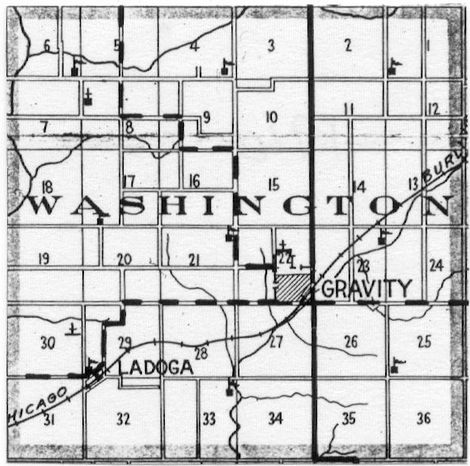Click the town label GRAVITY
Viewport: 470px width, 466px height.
367,288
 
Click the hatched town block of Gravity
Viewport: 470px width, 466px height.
290,288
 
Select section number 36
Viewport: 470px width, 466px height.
423,418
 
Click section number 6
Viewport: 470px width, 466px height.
47,45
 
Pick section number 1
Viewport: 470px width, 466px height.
428,46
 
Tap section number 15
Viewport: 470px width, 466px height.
274,185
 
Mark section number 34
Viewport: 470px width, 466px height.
275,418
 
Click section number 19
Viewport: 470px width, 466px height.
44,258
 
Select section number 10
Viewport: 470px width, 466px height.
272,117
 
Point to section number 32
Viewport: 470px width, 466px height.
123,418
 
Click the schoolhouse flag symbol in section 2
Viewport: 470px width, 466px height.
393,66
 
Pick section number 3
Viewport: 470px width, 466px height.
271,46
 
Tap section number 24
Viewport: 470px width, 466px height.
434,265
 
